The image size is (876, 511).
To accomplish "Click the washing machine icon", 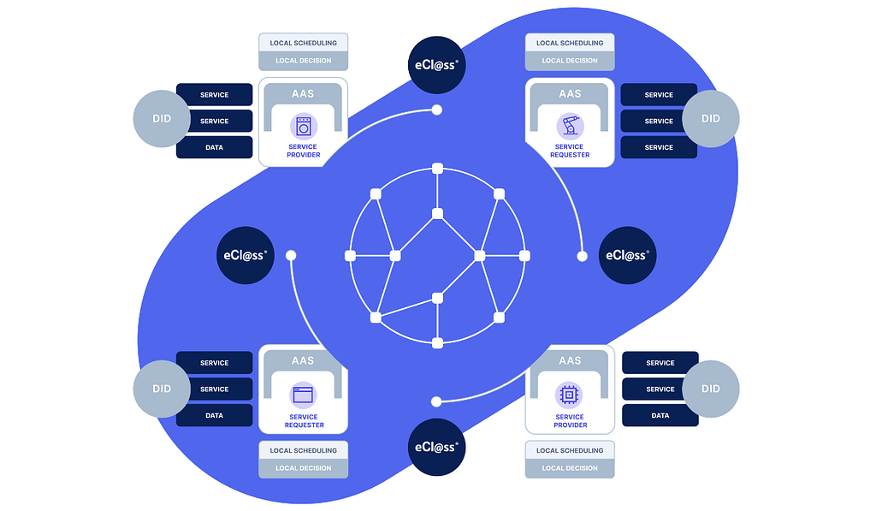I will pos(303,127).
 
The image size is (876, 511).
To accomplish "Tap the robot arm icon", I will pos(570,127).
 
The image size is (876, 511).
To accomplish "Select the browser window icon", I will pos(303,395).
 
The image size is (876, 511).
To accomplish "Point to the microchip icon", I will pos(570,395).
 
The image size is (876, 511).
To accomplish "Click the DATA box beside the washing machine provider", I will pos(214,147).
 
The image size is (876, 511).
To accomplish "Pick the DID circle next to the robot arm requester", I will pos(710,119).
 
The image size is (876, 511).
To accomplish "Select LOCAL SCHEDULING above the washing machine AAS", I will pos(304,43).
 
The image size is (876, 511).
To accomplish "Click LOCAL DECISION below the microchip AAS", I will pos(570,468).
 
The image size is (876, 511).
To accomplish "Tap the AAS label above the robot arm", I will pos(570,94).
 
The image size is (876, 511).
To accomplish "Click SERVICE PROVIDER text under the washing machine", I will pos(304,151).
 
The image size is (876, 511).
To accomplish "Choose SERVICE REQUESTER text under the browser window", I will pos(304,421).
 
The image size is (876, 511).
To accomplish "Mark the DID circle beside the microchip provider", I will pos(710,389).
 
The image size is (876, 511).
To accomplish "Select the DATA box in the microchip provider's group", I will pos(660,416).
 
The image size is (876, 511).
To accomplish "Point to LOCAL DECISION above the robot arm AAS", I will pos(570,61).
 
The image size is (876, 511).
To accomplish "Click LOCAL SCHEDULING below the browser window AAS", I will pos(304,450).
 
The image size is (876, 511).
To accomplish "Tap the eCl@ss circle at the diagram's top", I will pos(436,65).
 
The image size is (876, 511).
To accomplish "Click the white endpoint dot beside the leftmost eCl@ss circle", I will pos(291,255).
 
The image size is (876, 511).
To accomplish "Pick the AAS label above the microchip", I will pos(570,361).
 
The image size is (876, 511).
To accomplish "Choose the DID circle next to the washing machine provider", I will pos(162,119).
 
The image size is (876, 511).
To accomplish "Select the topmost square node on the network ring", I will pos(437,168).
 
